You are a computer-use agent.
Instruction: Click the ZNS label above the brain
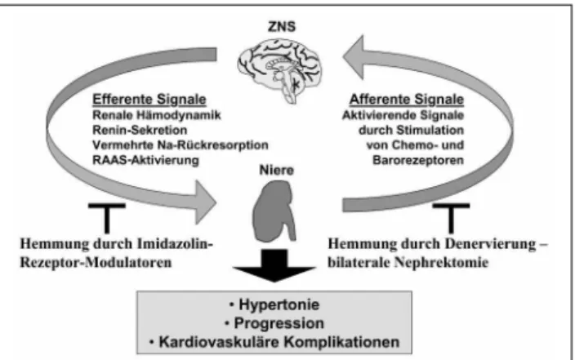282,27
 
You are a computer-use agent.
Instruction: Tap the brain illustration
280,69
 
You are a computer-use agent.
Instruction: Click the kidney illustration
274,211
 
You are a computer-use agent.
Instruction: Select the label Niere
277,170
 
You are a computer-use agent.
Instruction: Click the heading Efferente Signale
149,100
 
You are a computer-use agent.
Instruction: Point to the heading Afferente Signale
407,100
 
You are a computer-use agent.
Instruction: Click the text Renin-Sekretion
140,130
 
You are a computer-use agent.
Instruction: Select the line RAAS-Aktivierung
145,160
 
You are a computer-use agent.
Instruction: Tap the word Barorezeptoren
418,160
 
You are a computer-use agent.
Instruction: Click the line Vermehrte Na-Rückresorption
181,145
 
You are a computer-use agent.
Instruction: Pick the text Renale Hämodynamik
157,115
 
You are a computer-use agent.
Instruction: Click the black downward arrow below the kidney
274,265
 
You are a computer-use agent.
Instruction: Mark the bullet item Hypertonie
274,304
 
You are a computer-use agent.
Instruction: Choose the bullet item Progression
274,323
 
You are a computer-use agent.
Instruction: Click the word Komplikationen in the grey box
341,342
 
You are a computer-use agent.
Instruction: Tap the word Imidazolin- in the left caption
175,244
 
